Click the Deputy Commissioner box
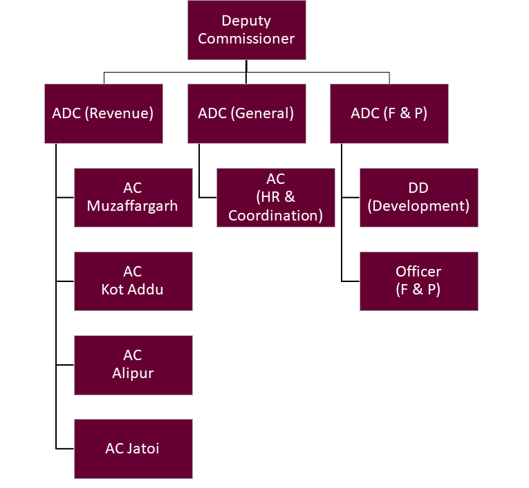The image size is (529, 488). (246, 30)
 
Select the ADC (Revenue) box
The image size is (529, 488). (103, 113)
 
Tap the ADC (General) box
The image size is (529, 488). (246, 113)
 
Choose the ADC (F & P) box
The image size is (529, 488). (389, 113)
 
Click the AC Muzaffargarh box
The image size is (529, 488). (133, 198)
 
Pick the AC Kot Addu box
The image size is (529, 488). (133, 281)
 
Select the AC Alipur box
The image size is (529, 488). (133, 365)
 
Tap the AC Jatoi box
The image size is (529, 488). (133, 449)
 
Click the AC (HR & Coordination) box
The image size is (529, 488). (276, 198)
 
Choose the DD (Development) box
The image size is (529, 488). (419, 198)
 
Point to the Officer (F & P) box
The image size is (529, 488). (419, 281)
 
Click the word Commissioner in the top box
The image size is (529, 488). (246, 39)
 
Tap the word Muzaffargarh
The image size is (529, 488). (133, 206)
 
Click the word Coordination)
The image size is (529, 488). (276, 216)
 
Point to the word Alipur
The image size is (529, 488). (133, 373)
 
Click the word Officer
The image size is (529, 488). (419, 272)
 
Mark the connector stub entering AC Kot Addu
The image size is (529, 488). (65, 281)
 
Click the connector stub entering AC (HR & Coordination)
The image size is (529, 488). (208, 198)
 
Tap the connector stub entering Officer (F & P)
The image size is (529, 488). (351, 281)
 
